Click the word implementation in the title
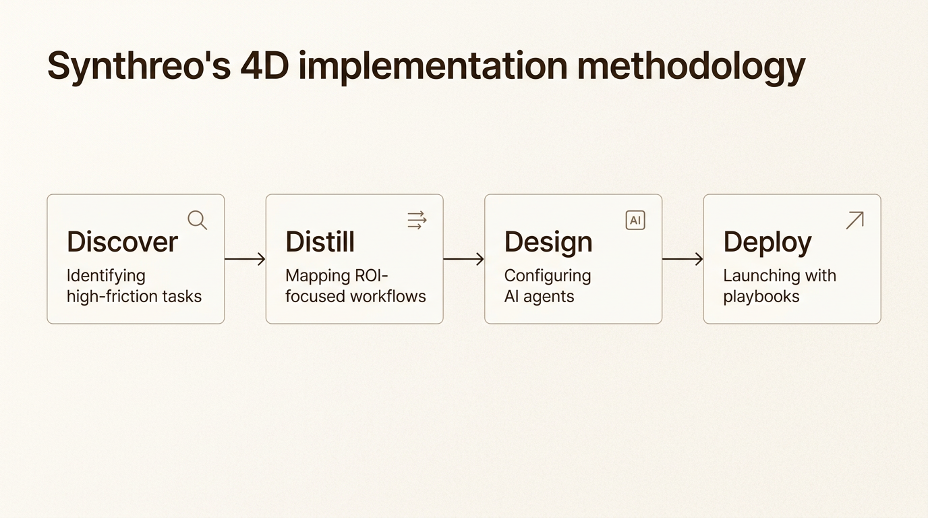[x=432, y=66]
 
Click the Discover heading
[x=122, y=242]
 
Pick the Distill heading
[x=320, y=242]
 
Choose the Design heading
[x=548, y=242]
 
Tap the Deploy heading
[x=767, y=242]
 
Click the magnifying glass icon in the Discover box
[x=197, y=220]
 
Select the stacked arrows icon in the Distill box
[x=417, y=220]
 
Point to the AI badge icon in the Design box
[x=635, y=220]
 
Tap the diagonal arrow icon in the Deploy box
[x=854, y=220]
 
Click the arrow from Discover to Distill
[x=245, y=259]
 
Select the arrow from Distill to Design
[x=463, y=259]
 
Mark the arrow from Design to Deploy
[x=683, y=259]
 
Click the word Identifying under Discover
[x=106, y=276]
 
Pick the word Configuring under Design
[x=548, y=276]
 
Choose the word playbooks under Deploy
[x=761, y=296]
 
